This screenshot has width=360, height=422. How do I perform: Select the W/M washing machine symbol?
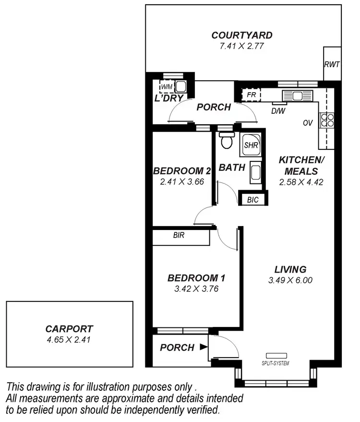167,86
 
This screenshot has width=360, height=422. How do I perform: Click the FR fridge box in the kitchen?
251,95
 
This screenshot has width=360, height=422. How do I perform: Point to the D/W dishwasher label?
277,111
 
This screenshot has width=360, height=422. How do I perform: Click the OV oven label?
308,123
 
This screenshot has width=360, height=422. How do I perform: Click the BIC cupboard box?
252,199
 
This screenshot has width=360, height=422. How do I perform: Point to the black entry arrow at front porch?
204,347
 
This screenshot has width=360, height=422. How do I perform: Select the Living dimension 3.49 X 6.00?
290,280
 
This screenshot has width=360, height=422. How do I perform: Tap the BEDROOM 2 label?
182,171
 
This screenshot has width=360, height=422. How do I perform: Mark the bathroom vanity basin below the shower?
255,173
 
